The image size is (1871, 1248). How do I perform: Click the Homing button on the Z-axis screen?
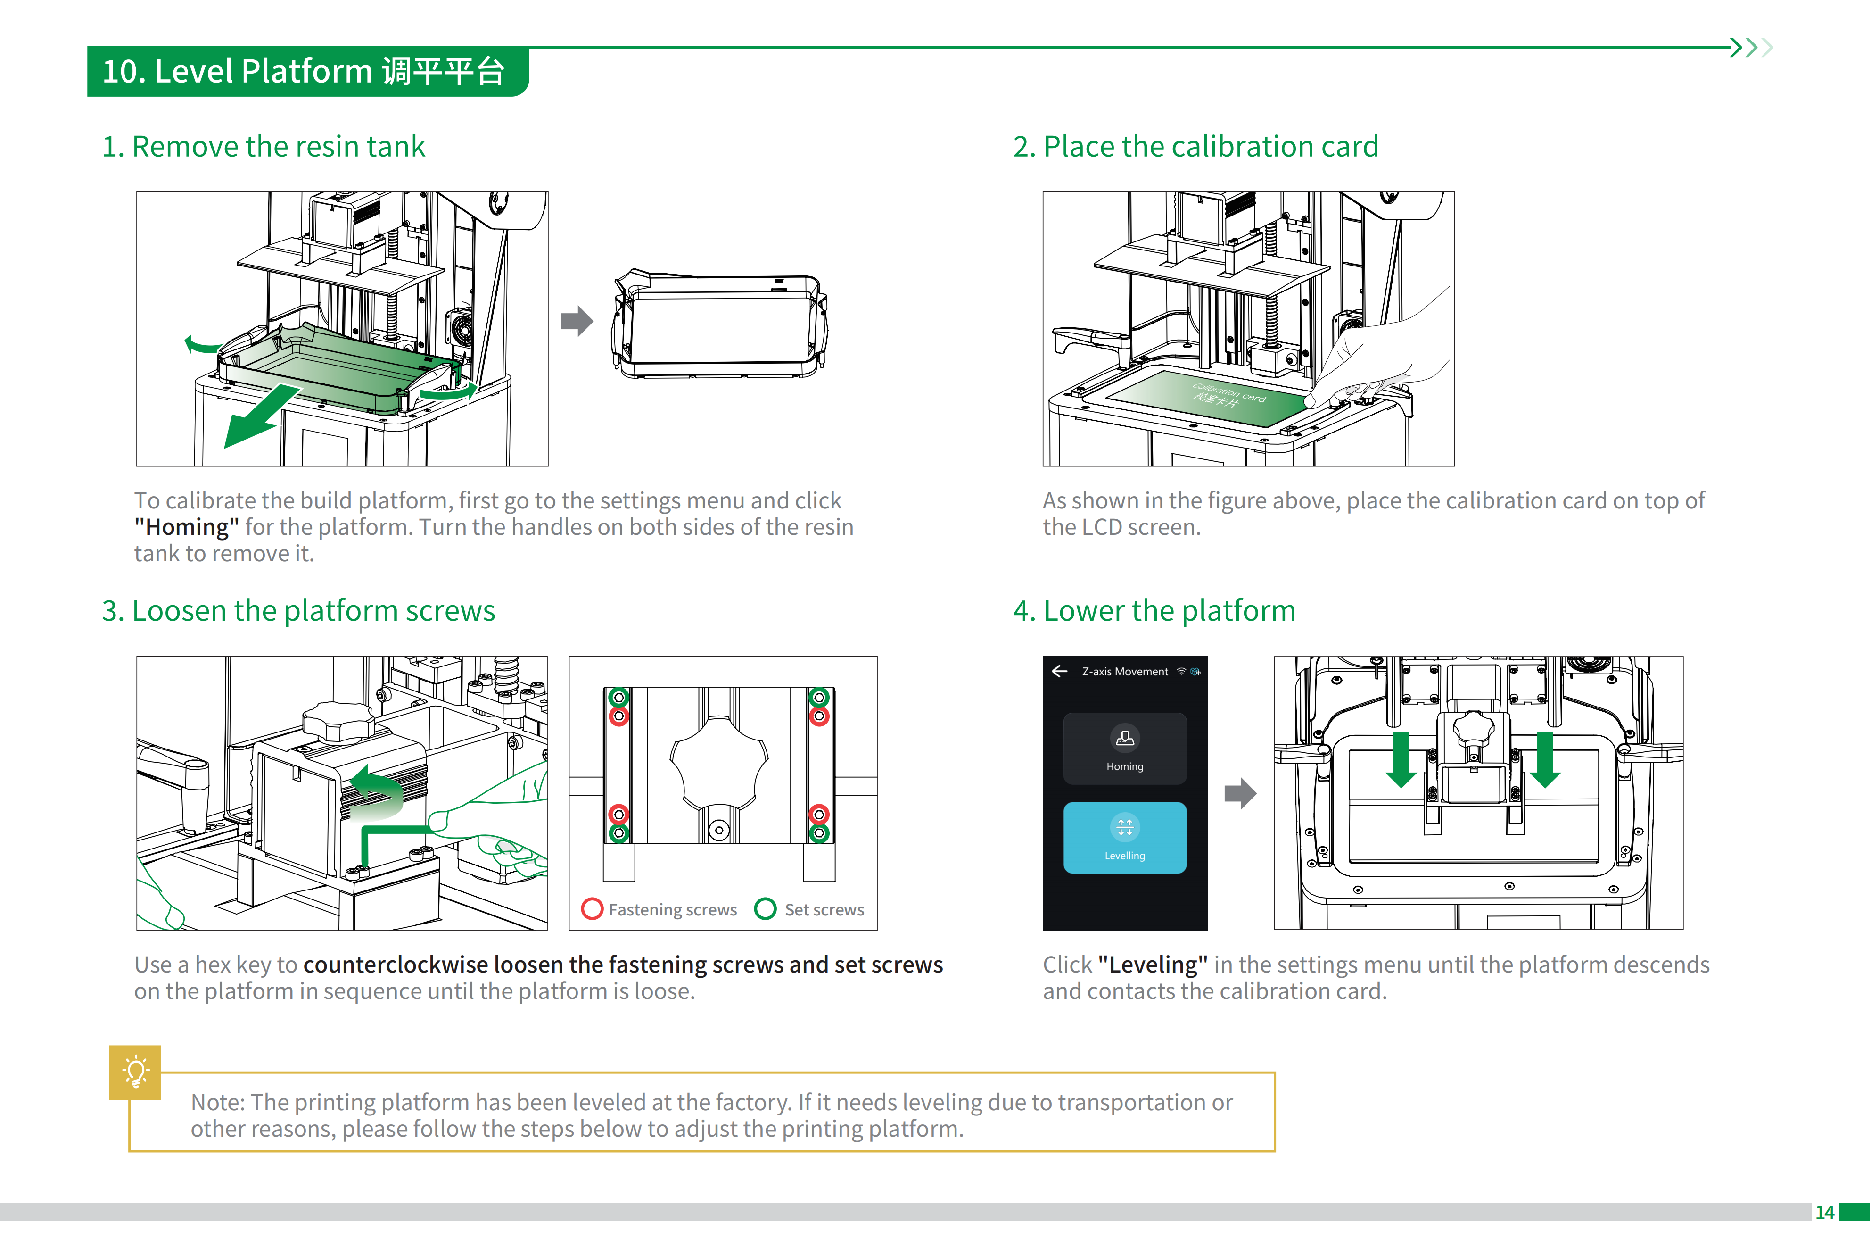point(1124,748)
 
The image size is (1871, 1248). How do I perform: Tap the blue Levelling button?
point(1124,837)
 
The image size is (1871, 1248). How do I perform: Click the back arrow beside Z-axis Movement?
point(1059,671)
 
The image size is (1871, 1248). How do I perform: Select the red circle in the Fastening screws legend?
point(592,908)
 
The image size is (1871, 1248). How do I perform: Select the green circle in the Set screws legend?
point(765,908)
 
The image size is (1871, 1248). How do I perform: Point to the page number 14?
point(1824,1212)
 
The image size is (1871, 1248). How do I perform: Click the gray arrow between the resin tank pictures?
point(577,321)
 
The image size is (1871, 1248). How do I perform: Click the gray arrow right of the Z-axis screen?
point(1239,793)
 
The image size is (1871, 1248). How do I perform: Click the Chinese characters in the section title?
point(443,71)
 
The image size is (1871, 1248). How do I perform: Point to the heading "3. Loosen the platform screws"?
point(298,610)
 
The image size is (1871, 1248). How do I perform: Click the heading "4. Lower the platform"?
point(1154,610)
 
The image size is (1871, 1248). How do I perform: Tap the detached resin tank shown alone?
point(718,324)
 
